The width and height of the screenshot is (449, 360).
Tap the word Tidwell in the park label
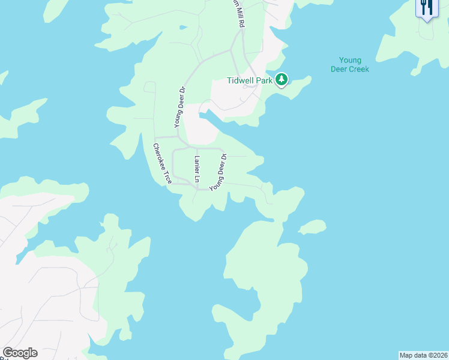[x=241, y=80]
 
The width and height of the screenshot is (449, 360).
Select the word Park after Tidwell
[x=265, y=80]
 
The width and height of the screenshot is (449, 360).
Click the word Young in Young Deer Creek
[x=350, y=60]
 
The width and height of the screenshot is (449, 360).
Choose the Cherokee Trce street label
[x=162, y=163]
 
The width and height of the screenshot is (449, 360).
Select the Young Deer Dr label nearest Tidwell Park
[x=178, y=107]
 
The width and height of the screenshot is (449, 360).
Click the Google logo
[x=20, y=353]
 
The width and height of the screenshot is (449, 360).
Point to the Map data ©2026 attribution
[x=423, y=355]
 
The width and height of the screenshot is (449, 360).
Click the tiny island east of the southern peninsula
[x=313, y=227]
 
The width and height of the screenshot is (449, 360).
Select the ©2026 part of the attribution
[x=436, y=355]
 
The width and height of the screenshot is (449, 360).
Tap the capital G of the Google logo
[x=8, y=353]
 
